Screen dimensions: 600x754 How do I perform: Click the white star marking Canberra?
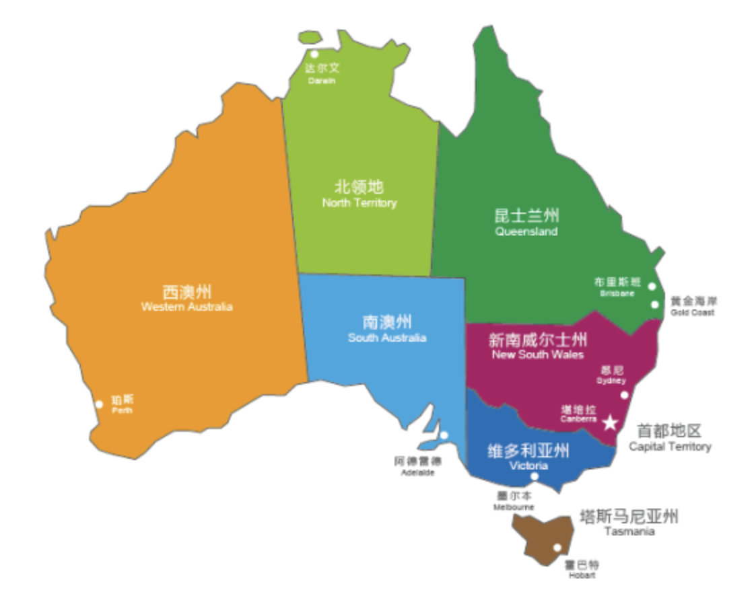click(x=609, y=422)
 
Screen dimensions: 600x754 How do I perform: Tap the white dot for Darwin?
click(x=314, y=54)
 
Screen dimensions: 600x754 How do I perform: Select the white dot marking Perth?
click(x=99, y=404)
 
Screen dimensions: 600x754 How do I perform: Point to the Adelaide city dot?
click(x=444, y=435)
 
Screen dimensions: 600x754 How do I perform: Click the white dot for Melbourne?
click(x=535, y=477)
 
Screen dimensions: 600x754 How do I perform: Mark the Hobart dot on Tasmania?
click(x=557, y=547)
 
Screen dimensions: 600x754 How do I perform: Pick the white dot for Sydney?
click(x=624, y=395)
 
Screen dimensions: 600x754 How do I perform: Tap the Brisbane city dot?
click(x=652, y=287)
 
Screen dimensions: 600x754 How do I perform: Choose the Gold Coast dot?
click(x=654, y=305)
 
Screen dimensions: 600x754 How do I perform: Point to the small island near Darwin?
click(x=310, y=38)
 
